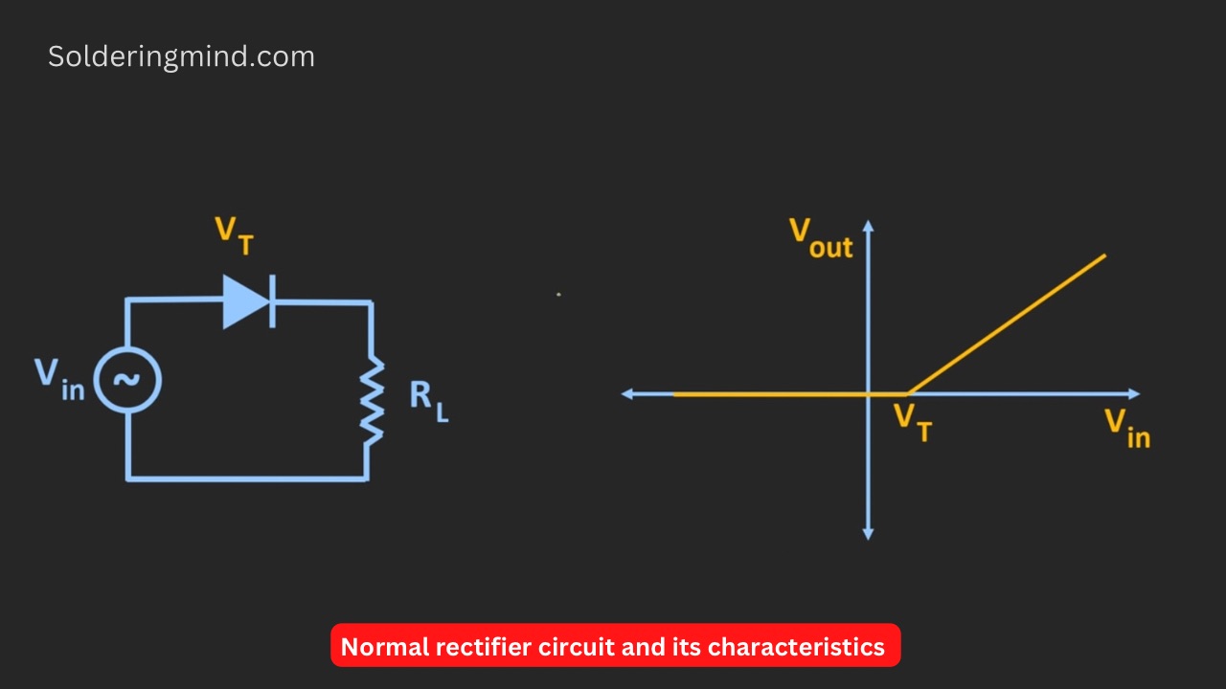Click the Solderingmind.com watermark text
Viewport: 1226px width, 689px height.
(x=181, y=56)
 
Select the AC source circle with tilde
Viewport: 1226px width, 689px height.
(x=127, y=380)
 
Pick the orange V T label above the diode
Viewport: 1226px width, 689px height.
(x=235, y=235)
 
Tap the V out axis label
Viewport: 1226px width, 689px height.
(x=820, y=238)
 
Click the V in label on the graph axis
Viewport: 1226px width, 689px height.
(x=1126, y=427)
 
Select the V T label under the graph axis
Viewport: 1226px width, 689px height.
(x=912, y=422)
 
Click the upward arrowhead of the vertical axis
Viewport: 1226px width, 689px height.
(x=868, y=227)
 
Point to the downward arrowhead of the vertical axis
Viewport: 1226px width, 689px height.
(x=868, y=534)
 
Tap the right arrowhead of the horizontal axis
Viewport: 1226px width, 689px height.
(x=1134, y=393)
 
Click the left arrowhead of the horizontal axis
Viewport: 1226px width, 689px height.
(x=628, y=393)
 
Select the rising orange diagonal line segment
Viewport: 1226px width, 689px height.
(x=1006, y=324)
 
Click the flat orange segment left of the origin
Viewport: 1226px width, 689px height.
(x=766, y=393)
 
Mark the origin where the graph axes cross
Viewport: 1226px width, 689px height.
(x=868, y=393)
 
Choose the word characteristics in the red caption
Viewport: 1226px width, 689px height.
(x=796, y=647)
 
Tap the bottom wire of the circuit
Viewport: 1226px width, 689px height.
(x=247, y=478)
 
